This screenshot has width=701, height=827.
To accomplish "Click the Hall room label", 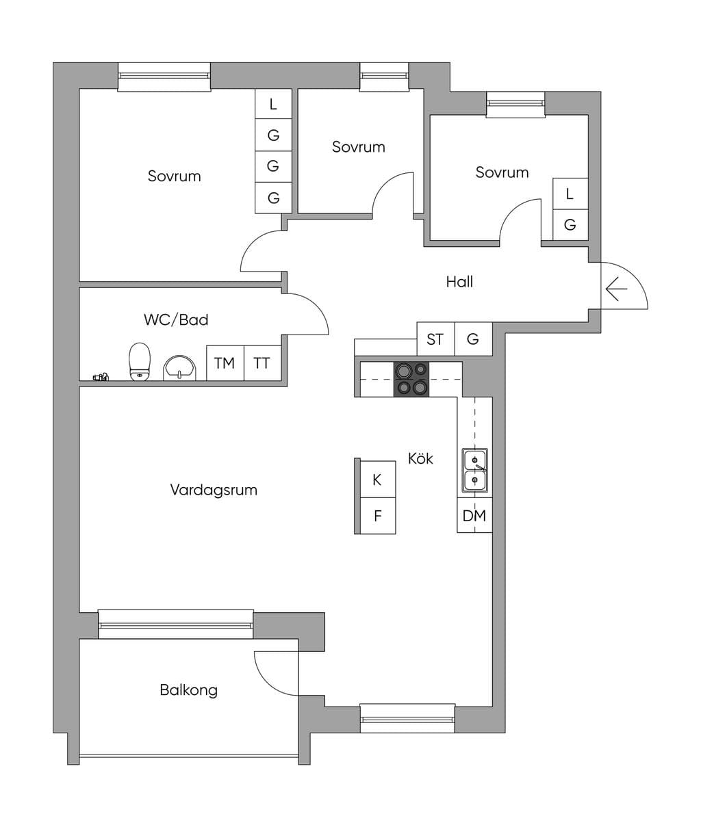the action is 459,282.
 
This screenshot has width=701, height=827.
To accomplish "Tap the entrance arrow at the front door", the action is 617,289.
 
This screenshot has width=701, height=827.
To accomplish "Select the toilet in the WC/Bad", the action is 140,361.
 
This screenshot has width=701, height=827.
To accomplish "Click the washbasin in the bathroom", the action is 179,367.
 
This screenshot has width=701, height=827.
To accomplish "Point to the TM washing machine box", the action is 225,363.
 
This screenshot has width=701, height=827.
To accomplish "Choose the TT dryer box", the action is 262,363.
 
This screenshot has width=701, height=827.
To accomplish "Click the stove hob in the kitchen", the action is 411,379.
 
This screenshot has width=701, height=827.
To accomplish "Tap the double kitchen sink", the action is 475,471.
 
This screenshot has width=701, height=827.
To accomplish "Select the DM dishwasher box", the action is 474,515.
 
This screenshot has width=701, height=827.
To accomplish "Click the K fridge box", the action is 378,480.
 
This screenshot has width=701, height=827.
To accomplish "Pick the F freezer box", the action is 378,516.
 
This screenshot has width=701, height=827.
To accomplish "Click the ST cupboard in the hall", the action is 435,339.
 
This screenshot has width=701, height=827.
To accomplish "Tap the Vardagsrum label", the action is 214,490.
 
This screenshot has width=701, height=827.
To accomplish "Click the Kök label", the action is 420,458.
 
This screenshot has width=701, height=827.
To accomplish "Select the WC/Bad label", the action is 176,319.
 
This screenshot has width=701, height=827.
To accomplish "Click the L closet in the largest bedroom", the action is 273,103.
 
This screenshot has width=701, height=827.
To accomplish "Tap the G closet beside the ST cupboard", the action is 474,339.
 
